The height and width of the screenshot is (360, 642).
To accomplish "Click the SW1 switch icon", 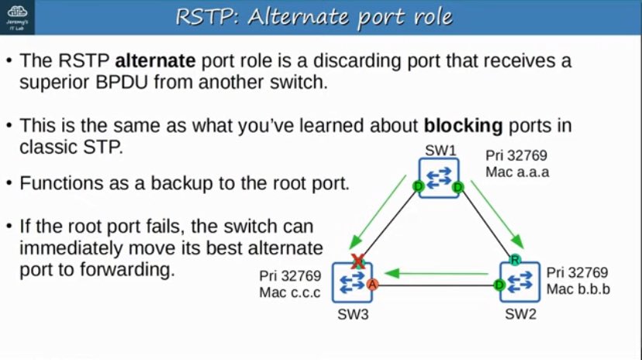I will (x=439, y=178).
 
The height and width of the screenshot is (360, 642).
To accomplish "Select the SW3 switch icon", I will (x=352, y=282).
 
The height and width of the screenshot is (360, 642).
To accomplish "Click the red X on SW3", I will (x=358, y=263).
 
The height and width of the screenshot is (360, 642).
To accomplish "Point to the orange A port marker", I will (x=372, y=284).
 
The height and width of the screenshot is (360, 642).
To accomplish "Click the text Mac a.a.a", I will (x=517, y=172).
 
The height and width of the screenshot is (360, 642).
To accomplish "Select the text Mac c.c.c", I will (x=290, y=292).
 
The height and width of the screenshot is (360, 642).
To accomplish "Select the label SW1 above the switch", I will (x=438, y=149).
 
